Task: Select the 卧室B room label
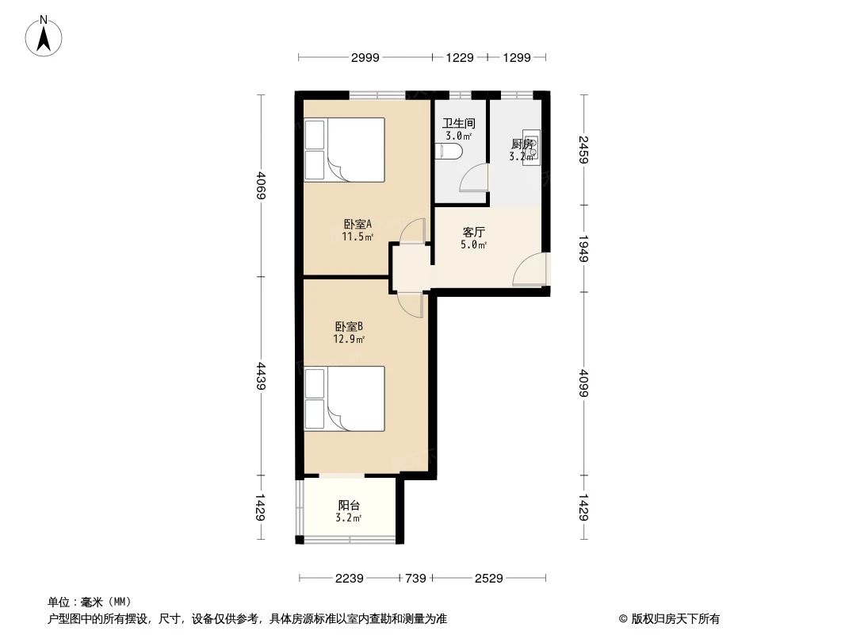click(349, 325)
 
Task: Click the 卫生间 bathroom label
click(458, 124)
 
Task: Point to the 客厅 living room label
click(473, 233)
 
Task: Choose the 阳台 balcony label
click(349, 505)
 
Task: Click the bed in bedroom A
click(345, 150)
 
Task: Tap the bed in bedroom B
click(345, 398)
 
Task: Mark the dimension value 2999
click(365, 57)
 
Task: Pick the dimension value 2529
click(488, 579)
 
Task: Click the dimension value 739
click(416, 579)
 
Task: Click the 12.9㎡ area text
click(349, 339)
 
